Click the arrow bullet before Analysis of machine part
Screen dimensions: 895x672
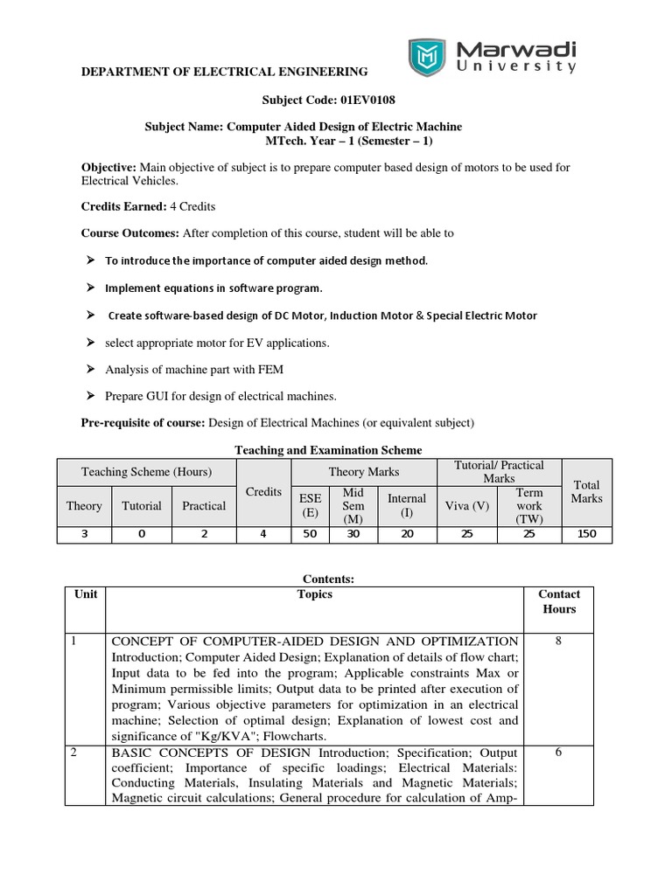coord(89,370)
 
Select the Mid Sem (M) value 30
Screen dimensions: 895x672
coord(353,533)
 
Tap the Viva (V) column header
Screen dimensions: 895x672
coord(469,505)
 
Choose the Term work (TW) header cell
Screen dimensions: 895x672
coord(529,505)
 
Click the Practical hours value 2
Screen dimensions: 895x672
coord(204,533)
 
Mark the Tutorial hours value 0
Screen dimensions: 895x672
coord(142,533)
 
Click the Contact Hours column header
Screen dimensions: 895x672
coord(559,601)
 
